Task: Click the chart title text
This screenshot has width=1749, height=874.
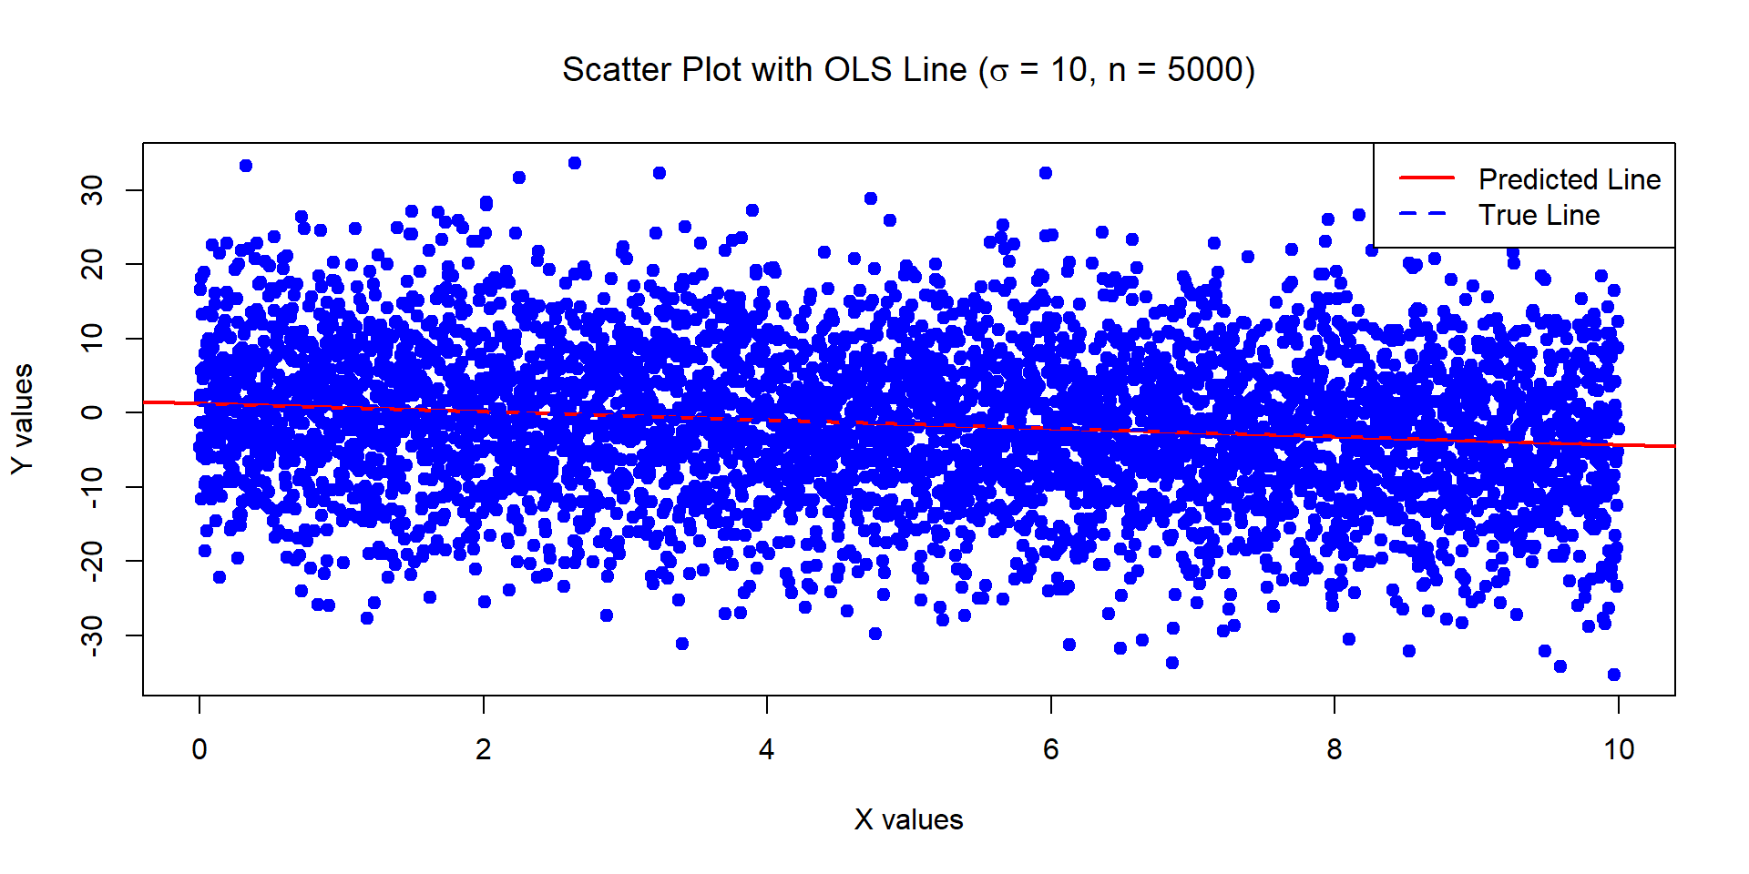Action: pos(908,70)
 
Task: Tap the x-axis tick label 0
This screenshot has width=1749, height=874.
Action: pos(199,750)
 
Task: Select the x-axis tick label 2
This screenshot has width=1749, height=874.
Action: pos(483,750)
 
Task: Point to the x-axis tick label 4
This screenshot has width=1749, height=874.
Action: pos(767,750)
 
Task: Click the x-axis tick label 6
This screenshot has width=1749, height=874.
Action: pos(1050,750)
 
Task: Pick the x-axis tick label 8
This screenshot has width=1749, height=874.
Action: pos(1335,750)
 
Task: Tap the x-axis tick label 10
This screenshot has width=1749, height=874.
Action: pos(1619,750)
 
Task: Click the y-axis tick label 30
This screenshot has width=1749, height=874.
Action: pos(93,190)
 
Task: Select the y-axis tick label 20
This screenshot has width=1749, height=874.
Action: pos(93,264)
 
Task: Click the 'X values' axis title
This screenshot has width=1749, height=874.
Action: pos(908,820)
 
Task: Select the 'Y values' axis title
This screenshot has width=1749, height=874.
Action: pos(23,419)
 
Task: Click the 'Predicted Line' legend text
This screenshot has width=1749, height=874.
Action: pos(1569,179)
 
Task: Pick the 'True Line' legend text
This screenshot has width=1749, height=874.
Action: pos(1539,216)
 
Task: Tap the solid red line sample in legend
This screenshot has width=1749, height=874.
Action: pos(1427,178)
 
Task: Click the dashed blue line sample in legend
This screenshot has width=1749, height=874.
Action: pos(1427,214)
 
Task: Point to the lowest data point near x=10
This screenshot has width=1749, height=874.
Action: pos(1614,675)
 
